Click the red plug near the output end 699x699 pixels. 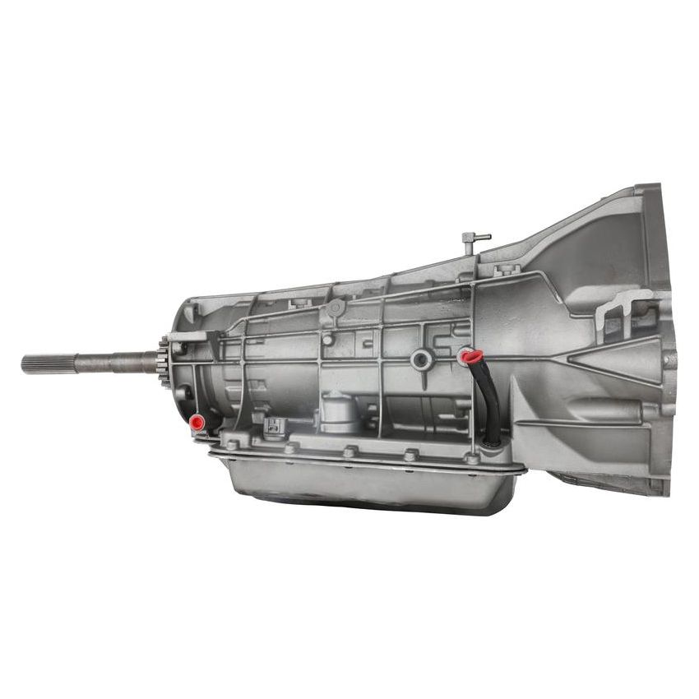tap(197, 424)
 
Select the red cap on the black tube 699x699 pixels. tap(470, 356)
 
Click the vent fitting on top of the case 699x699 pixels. tap(474, 240)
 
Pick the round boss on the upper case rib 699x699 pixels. tap(335, 308)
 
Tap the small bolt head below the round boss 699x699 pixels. tap(327, 339)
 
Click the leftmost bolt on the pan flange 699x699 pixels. tap(231, 444)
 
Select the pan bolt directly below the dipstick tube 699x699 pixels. tap(472, 458)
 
